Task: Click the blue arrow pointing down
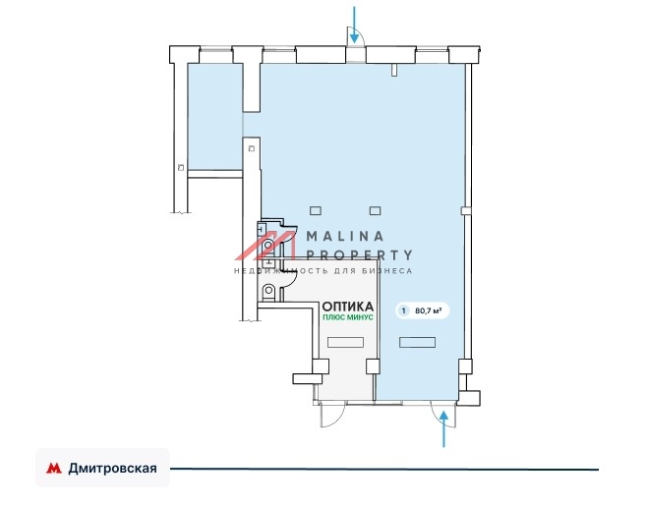point(354,25)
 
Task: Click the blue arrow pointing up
point(443,428)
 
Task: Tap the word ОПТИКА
point(347,307)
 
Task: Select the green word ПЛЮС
point(331,317)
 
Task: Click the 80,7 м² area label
point(428,310)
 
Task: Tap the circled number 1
point(403,310)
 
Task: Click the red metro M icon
point(54,468)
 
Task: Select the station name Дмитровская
point(113,469)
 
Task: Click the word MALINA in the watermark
point(345,236)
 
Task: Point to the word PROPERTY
point(359,255)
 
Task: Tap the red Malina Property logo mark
point(265,246)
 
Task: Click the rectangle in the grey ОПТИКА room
point(345,342)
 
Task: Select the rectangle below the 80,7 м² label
point(417,342)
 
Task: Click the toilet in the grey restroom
point(268,291)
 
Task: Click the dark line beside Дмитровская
point(384,469)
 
